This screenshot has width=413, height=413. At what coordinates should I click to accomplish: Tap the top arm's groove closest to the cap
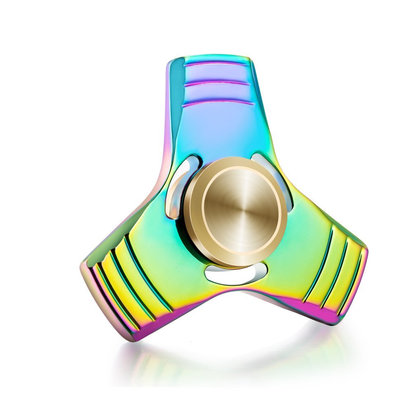[x=217, y=102]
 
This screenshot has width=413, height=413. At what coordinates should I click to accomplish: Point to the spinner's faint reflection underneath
[x=231, y=355]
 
